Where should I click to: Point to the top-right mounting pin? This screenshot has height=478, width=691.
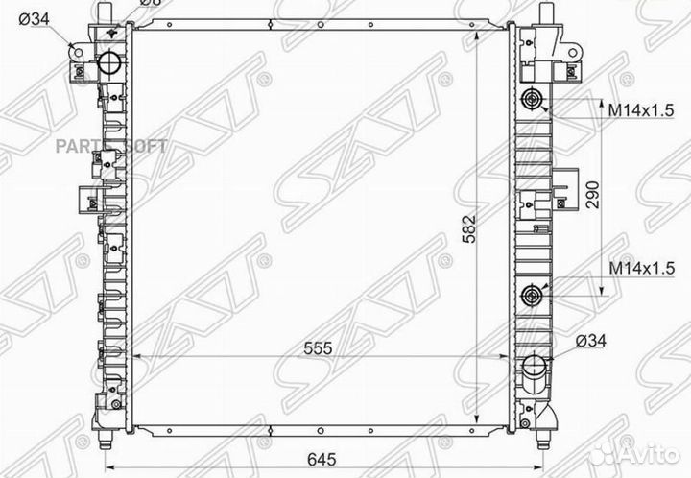pyautogui.click(x=545, y=12)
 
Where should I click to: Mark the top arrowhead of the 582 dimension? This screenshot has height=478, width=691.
pyautogui.click(x=477, y=36)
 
